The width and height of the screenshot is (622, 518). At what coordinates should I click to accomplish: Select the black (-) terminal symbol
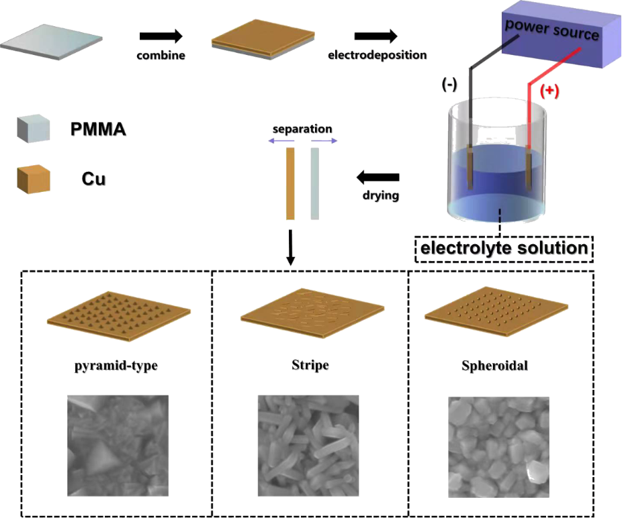[x=449, y=85]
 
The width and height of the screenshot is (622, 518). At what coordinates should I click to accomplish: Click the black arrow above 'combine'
[x=161, y=36]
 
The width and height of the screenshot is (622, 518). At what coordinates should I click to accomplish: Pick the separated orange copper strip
[x=290, y=183]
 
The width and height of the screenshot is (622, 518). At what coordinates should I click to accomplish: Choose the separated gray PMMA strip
[x=314, y=183]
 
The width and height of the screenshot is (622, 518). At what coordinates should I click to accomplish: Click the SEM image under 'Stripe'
[x=308, y=445]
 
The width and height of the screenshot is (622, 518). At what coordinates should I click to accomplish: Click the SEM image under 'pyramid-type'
[x=118, y=445]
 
